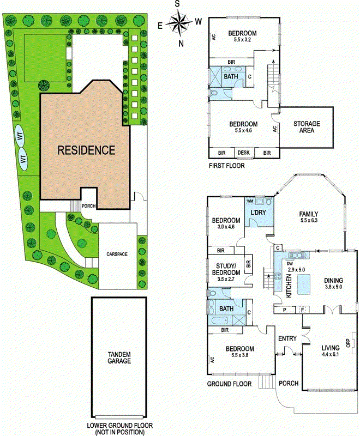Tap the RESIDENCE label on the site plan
click(87, 149)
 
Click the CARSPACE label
click(118, 254)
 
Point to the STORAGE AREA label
click(306, 127)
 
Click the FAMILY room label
click(308, 214)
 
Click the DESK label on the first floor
click(243, 153)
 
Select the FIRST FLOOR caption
click(227, 165)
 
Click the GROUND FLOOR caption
click(229, 384)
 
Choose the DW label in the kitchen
click(289, 263)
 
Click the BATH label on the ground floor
click(226, 309)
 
